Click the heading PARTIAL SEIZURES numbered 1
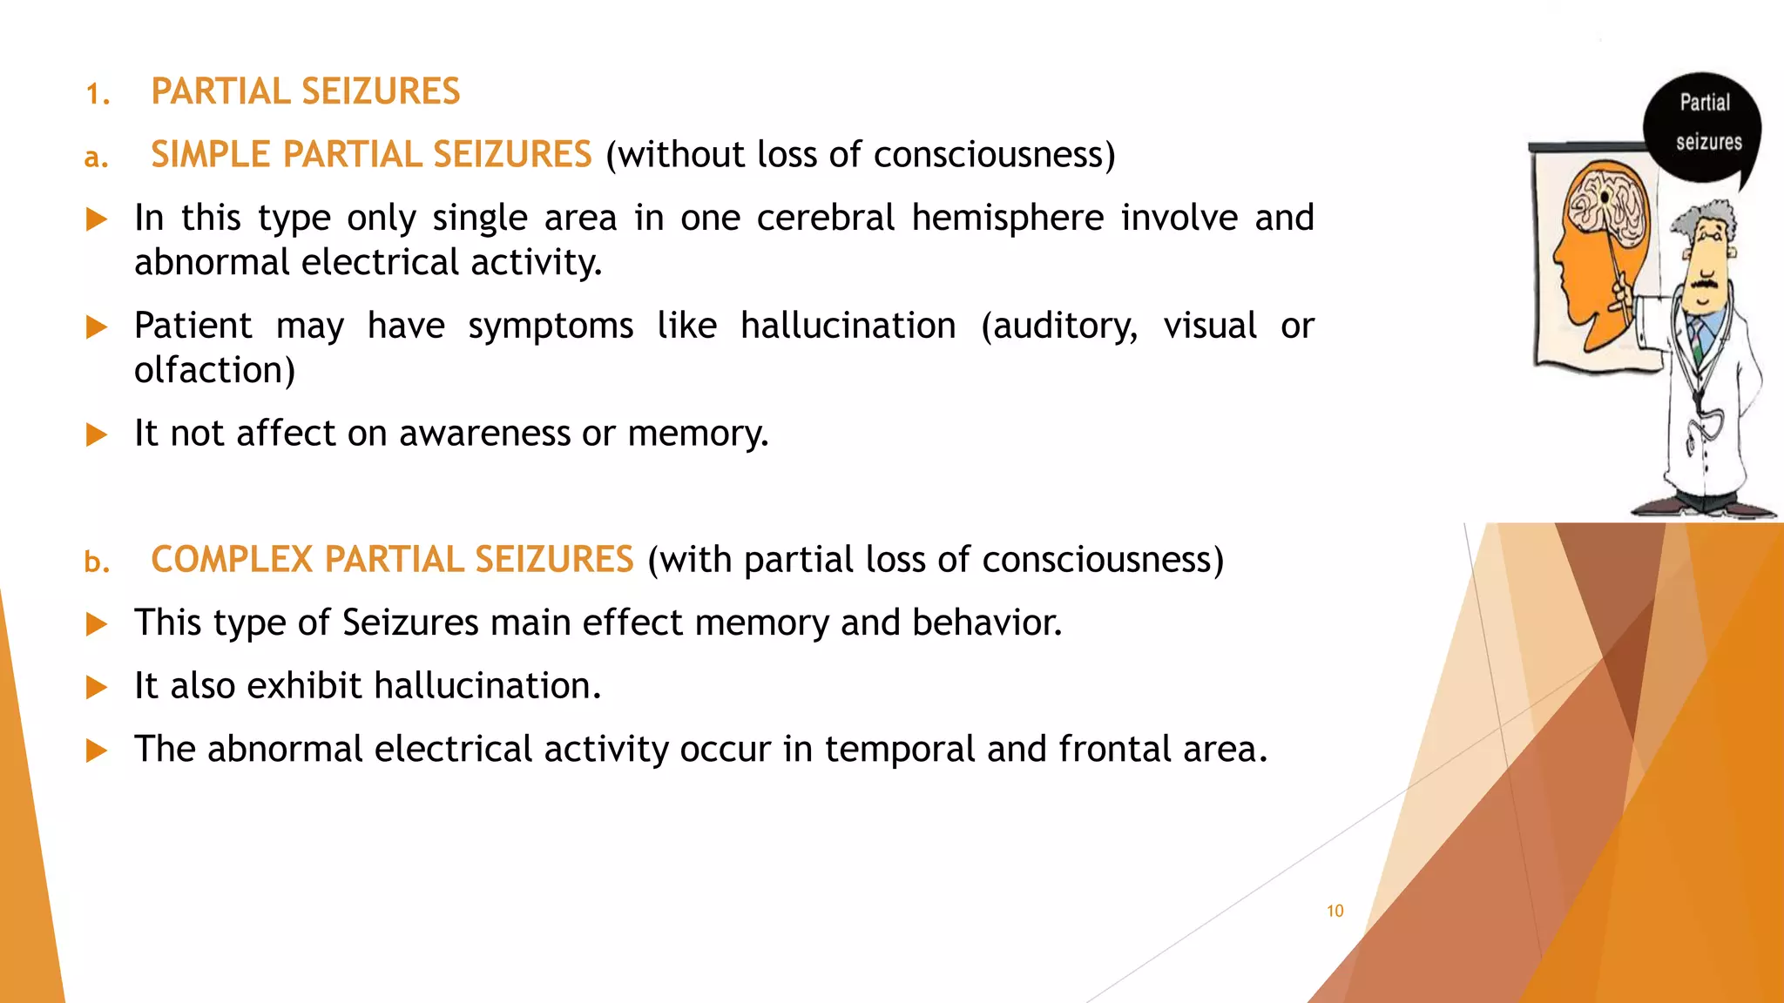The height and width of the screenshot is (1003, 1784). coord(305,91)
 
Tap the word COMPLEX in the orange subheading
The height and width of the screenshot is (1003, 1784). coord(231,560)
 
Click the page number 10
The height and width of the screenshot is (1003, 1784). coord(1335,911)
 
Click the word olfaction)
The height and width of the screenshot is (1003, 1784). coord(215,371)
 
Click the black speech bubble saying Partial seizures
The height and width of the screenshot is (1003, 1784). coord(1703,126)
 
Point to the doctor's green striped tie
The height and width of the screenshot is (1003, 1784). coord(1697,340)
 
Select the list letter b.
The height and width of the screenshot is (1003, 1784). coord(97,562)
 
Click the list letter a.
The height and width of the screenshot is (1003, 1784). coord(96,158)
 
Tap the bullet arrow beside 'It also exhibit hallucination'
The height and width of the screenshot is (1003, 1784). coord(97,688)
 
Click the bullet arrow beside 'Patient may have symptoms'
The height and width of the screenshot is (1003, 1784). coord(97,327)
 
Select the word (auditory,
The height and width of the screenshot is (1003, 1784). coord(1059,326)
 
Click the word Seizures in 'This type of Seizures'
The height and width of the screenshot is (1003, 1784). coord(410,623)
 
